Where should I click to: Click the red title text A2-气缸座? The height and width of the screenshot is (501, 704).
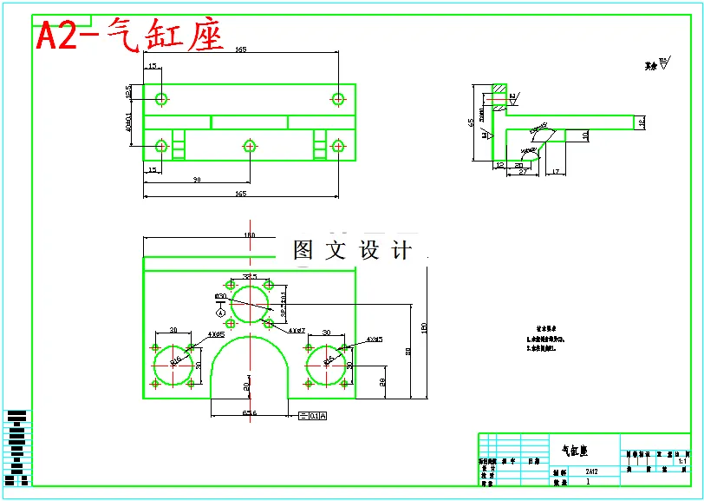(x=128, y=36)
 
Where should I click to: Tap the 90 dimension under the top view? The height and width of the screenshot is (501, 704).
(x=197, y=180)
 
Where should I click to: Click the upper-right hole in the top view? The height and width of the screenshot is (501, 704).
(x=338, y=98)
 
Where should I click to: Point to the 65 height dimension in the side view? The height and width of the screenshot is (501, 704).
(x=473, y=122)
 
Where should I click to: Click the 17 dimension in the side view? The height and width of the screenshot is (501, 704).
(x=556, y=172)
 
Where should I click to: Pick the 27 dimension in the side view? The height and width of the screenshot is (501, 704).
(x=524, y=173)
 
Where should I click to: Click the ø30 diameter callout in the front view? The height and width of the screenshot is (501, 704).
(x=220, y=296)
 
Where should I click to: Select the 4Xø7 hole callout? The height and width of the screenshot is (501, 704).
(x=297, y=330)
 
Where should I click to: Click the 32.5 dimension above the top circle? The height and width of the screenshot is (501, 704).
(x=250, y=276)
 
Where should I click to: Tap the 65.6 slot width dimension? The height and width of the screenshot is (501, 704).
(x=249, y=413)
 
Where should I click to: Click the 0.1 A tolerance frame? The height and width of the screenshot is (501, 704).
(x=312, y=416)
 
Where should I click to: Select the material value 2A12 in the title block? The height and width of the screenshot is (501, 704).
(x=590, y=471)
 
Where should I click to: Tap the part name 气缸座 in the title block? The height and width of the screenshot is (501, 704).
(x=576, y=451)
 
